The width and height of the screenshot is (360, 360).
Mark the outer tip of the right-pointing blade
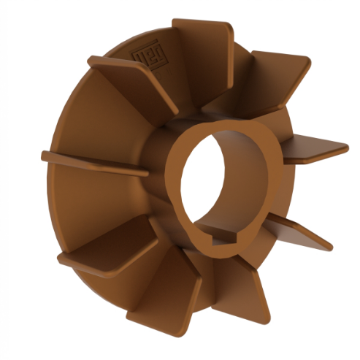point(343,145)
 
